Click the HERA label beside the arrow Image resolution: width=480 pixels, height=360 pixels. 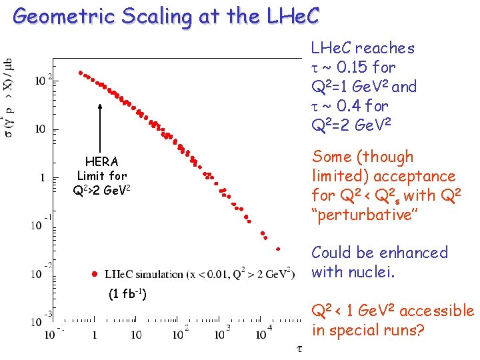click(x=101, y=161)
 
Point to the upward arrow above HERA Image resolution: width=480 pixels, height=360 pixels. click(x=100, y=127)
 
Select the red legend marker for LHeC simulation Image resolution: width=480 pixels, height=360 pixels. click(x=96, y=274)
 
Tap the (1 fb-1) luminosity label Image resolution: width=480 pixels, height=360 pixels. click(x=127, y=295)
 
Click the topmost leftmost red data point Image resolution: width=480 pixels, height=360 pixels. click(x=81, y=73)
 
